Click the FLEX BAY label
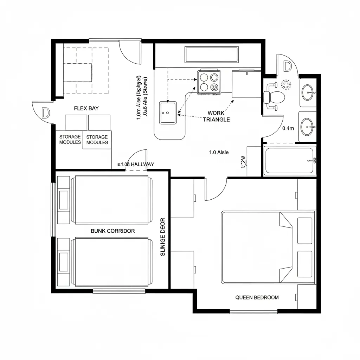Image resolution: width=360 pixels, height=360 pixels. [86, 108]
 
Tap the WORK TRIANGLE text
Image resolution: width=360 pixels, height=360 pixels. [216, 116]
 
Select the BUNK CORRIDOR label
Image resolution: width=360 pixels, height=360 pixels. [112, 231]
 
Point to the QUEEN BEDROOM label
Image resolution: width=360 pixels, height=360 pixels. [257, 297]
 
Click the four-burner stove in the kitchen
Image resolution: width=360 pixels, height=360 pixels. [209, 82]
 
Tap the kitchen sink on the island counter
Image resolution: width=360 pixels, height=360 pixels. [168, 112]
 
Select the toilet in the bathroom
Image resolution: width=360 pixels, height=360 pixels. [275, 97]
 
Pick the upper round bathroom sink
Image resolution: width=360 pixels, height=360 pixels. [308, 92]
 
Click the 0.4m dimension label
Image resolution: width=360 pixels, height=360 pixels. [288, 128]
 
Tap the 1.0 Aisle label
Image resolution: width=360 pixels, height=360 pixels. [219, 152]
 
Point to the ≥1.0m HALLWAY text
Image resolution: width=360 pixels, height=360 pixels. [135, 164]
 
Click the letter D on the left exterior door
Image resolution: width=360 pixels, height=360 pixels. [45, 113]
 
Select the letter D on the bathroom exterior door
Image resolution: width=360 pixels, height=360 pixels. [287, 66]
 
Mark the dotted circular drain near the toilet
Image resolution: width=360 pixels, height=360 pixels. [286, 84]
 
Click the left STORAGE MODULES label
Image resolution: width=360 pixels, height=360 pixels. [70, 139]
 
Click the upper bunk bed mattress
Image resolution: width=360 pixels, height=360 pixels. [112, 200]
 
